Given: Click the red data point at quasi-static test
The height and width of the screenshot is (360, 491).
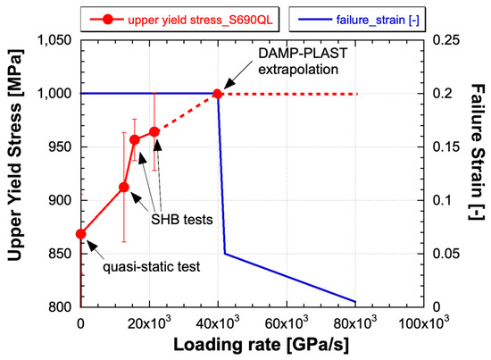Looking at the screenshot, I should [81, 234].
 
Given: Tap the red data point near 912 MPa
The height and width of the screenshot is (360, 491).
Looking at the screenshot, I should [124, 187].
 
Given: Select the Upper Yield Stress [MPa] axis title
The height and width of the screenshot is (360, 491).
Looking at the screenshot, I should [15, 173].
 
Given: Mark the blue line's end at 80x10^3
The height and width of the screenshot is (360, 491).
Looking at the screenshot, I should [356, 302].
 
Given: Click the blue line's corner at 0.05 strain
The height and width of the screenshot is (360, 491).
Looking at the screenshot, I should [225, 254].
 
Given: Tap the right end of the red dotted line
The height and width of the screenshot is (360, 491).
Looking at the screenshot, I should [356, 94].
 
